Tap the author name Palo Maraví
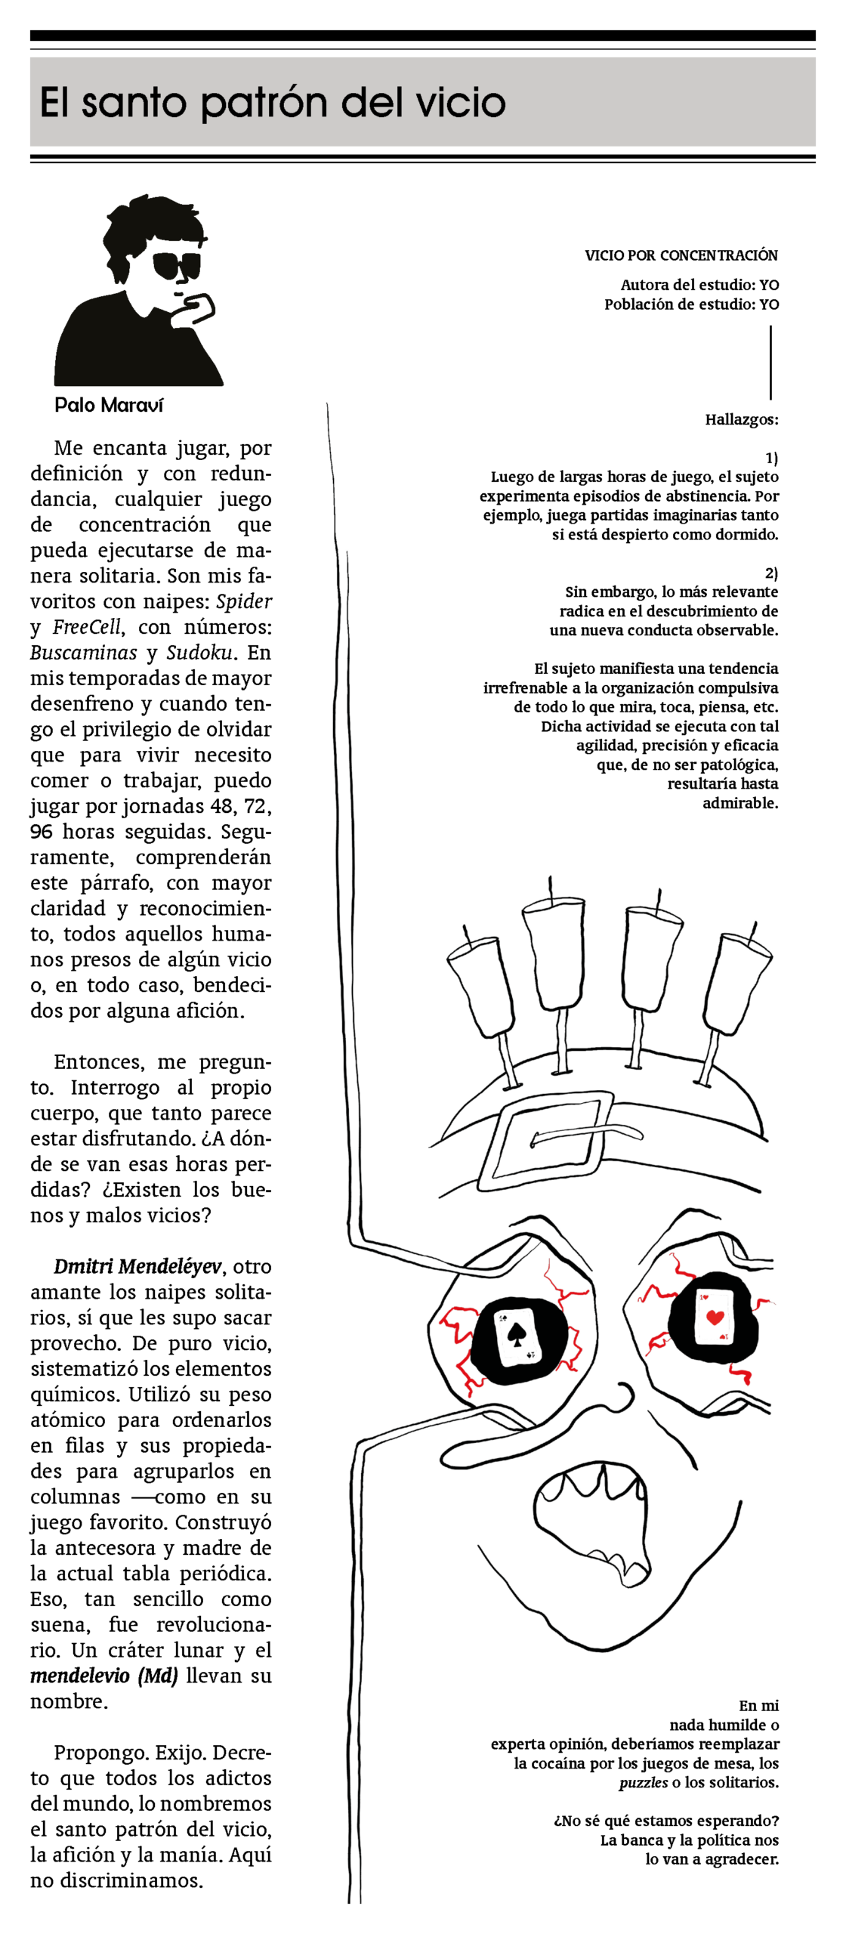coord(109,405)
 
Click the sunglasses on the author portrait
coord(177,265)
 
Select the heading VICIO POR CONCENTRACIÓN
coord(681,255)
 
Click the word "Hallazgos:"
coord(742,420)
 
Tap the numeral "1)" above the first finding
coord(771,458)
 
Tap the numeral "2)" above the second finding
coord(771,573)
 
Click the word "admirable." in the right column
coord(740,803)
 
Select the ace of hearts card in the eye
coord(714,1316)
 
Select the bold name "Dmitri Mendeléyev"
coord(138,1266)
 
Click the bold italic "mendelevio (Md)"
coord(104,1676)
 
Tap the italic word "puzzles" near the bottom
coord(644,1783)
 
